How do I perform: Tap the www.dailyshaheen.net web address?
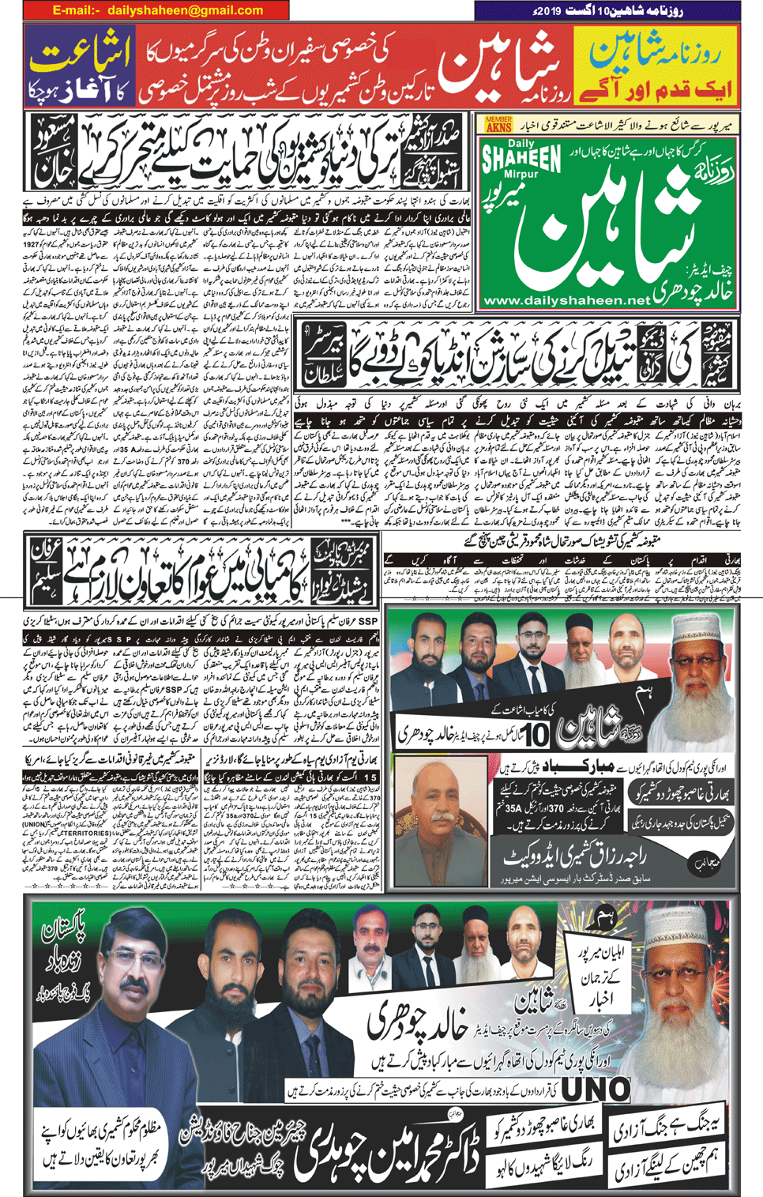click(x=566, y=300)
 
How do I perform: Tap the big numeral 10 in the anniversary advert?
click(x=537, y=735)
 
